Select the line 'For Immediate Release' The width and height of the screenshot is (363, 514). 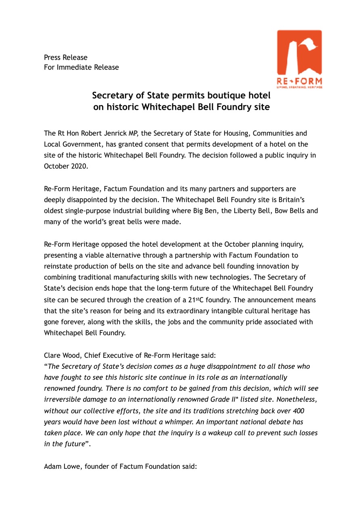coord(81,67)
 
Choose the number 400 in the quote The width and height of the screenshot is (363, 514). coord(298,410)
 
